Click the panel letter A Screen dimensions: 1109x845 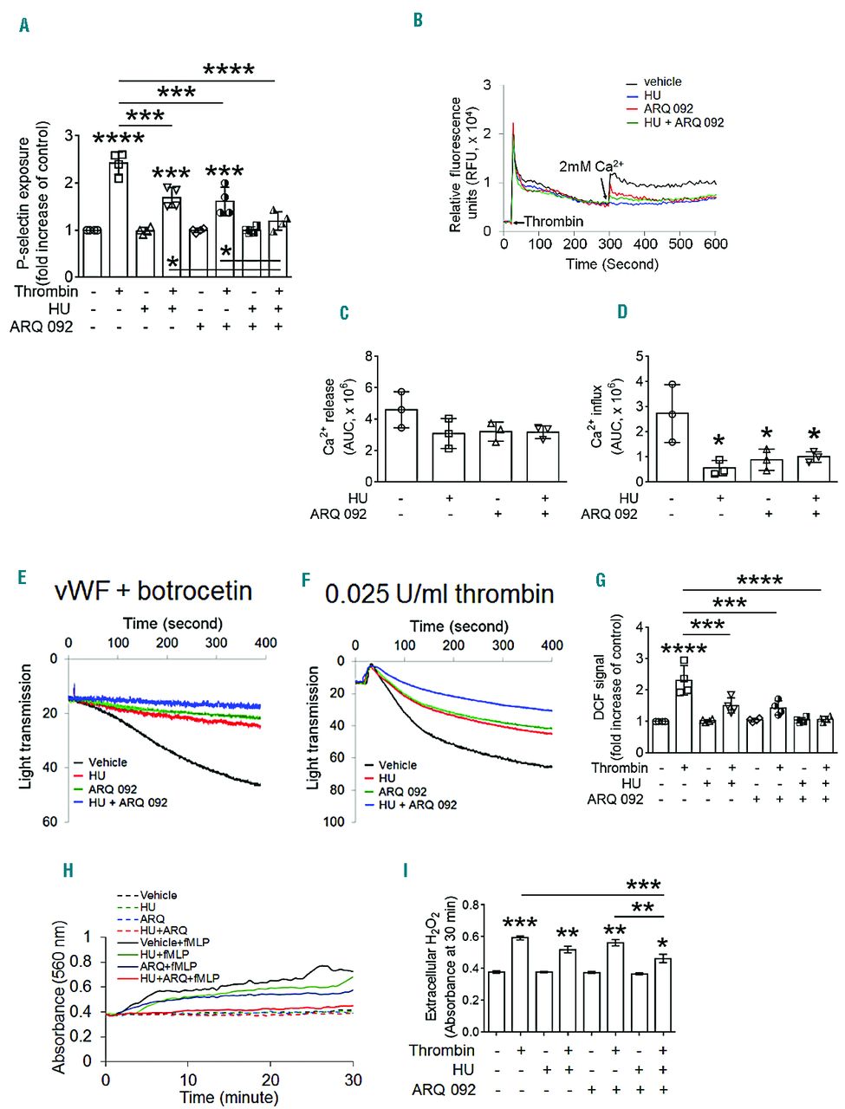click(x=23, y=25)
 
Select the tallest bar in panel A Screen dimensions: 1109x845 click(x=118, y=217)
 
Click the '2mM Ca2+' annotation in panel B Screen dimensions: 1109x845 click(x=591, y=165)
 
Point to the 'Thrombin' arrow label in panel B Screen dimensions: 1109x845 click(x=554, y=222)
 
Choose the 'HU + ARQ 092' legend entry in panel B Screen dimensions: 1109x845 click(x=683, y=122)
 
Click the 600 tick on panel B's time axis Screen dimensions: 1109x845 click(x=715, y=244)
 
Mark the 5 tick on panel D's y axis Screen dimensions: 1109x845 click(x=640, y=356)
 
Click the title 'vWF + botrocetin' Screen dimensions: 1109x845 click(x=153, y=591)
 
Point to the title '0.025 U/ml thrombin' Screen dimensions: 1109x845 click(x=439, y=593)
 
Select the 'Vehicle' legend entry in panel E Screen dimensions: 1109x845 click(x=107, y=762)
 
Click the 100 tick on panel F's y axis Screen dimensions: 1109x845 click(x=334, y=820)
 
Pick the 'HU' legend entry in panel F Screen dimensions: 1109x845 click(x=387, y=778)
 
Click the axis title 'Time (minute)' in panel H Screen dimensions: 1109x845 click(x=229, y=1097)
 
